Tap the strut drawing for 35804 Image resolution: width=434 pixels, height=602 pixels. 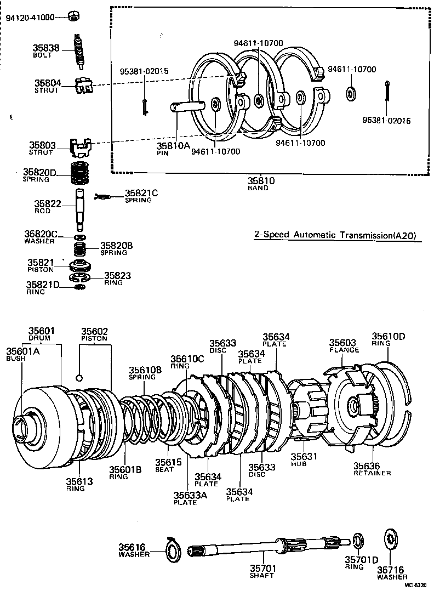(81, 84)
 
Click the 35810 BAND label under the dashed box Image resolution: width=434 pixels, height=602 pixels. (258, 184)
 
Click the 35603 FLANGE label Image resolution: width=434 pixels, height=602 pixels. (344, 345)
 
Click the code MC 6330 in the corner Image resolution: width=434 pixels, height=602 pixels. (415, 585)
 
